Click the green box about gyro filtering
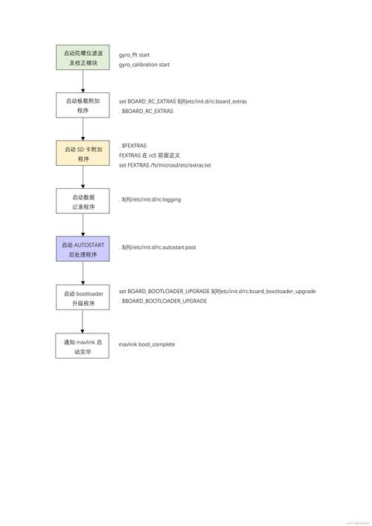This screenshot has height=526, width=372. (x=83, y=59)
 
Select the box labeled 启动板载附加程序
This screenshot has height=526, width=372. (x=83, y=105)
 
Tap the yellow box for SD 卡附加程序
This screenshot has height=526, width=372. (x=83, y=154)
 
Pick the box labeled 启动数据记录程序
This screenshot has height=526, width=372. (x=83, y=202)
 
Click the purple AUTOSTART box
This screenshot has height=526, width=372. (x=83, y=249)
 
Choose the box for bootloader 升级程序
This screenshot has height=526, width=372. (x=83, y=298)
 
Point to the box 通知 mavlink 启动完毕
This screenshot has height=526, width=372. (x=83, y=346)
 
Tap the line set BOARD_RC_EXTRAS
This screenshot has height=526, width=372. (x=183, y=100)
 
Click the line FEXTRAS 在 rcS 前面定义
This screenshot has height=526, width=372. (x=155, y=155)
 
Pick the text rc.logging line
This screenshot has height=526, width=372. (x=151, y=199)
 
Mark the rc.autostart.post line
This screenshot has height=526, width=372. (x=158, y=247)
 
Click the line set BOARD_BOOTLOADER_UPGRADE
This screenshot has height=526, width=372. (x=217, y=292)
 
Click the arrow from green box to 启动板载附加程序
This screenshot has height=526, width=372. (x=83, y=83)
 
